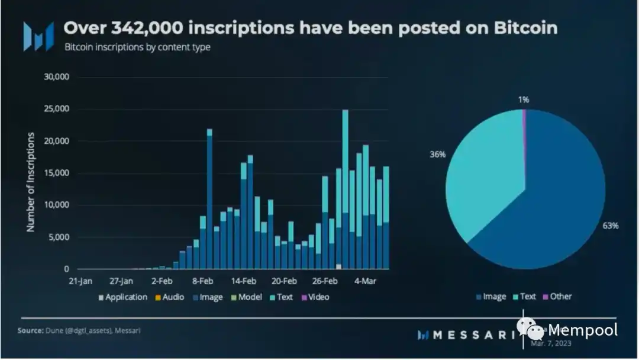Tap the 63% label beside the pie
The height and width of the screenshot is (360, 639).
tap(611, 226)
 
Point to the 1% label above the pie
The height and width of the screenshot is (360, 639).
tap(523, 99)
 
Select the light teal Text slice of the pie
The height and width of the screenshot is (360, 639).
tap(485, 178)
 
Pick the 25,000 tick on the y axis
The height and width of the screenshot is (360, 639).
tap(57, 110)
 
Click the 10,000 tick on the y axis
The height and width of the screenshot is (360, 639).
tap(57, 205)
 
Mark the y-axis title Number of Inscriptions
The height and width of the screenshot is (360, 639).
tap(31, 182)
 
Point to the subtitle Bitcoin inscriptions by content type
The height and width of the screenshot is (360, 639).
tap(137, 47)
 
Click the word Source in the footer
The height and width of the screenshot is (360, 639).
tap(30, 330)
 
